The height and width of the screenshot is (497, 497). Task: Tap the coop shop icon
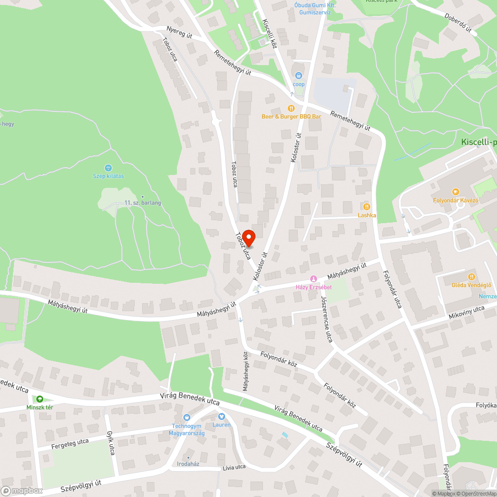[298, 76]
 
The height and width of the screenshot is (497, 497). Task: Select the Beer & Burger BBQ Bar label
[292, 116]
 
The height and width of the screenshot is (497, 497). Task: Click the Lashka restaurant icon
[367, 206]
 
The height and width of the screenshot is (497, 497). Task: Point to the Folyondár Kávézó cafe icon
[455, 191]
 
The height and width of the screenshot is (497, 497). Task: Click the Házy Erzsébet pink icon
[313, 279]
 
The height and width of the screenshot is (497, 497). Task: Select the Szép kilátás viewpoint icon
[108, 168]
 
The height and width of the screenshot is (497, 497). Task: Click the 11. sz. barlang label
[143, 203]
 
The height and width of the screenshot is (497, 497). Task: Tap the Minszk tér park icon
[40, 399]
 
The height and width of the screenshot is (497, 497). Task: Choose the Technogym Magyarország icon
[187, 417]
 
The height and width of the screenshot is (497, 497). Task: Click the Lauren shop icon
[222, 416]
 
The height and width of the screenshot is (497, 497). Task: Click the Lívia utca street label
[234, 467]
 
